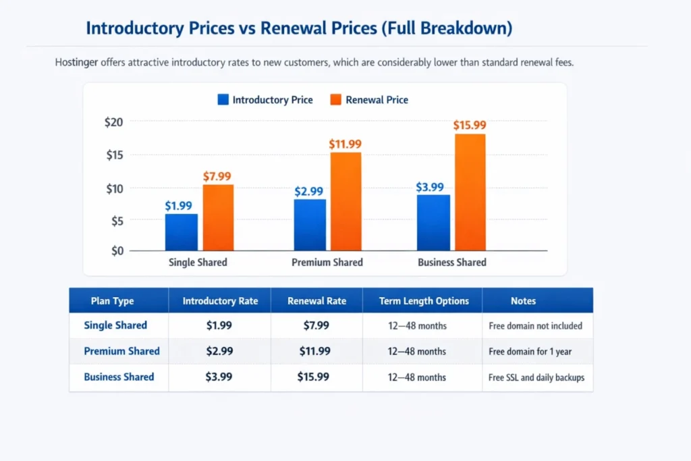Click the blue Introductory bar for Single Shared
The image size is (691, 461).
click(182, 232)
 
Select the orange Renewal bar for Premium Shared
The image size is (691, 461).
click(345, 202)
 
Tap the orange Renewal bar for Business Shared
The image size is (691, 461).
click(470, 192)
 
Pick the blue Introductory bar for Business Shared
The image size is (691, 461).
click(433, 223)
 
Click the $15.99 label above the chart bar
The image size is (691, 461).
click(470, 125)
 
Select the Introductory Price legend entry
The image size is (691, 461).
click(265, 100)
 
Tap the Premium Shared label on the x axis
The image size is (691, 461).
click(327, 263)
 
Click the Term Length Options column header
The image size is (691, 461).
click(422, 301)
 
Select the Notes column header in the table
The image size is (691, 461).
click(524, 301)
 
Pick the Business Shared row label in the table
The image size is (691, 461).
click(119, 377)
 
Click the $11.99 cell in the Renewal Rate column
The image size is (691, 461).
click(314, 351)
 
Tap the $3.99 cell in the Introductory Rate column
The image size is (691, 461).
click(219, 377)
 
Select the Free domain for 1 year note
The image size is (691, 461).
click(531, 352)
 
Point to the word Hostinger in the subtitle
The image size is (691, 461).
click(76, 63)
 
